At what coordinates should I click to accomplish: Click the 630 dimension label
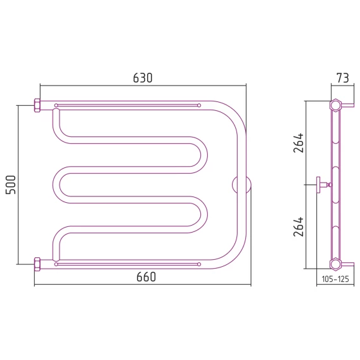point(143,78)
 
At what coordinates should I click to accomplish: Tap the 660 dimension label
point(146,277)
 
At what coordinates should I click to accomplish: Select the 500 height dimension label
point(11,185)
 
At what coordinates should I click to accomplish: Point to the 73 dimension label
point(342,78)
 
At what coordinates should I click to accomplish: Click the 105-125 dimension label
point(335,279)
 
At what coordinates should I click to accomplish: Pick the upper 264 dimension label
point(299,143)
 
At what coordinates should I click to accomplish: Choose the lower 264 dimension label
point(299,227)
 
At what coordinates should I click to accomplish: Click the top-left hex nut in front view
point(37,105)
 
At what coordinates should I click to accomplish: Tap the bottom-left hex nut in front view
point(37,264)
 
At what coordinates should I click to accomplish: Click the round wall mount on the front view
point(241,185)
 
